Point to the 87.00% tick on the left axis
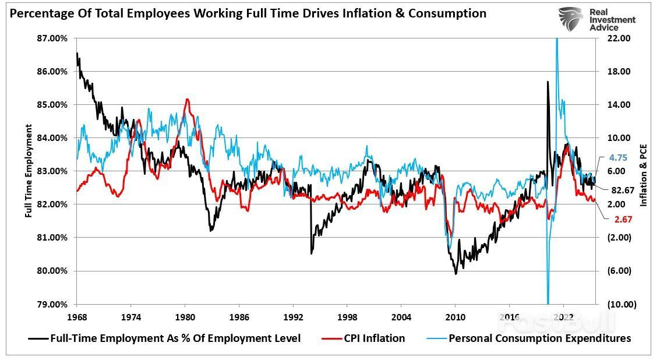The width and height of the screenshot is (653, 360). click(x=53, y=38)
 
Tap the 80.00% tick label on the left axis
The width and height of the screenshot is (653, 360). click(x=53, y=271)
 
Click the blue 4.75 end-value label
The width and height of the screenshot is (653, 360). click(x=618, y=158)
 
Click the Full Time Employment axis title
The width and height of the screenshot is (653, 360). click(x=28, y=171)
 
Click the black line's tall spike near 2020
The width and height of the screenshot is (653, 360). click(x=548, y=82)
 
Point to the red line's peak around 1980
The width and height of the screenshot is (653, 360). click(x=187, y=100)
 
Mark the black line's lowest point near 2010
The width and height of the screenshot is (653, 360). click(x=456, y=273)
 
